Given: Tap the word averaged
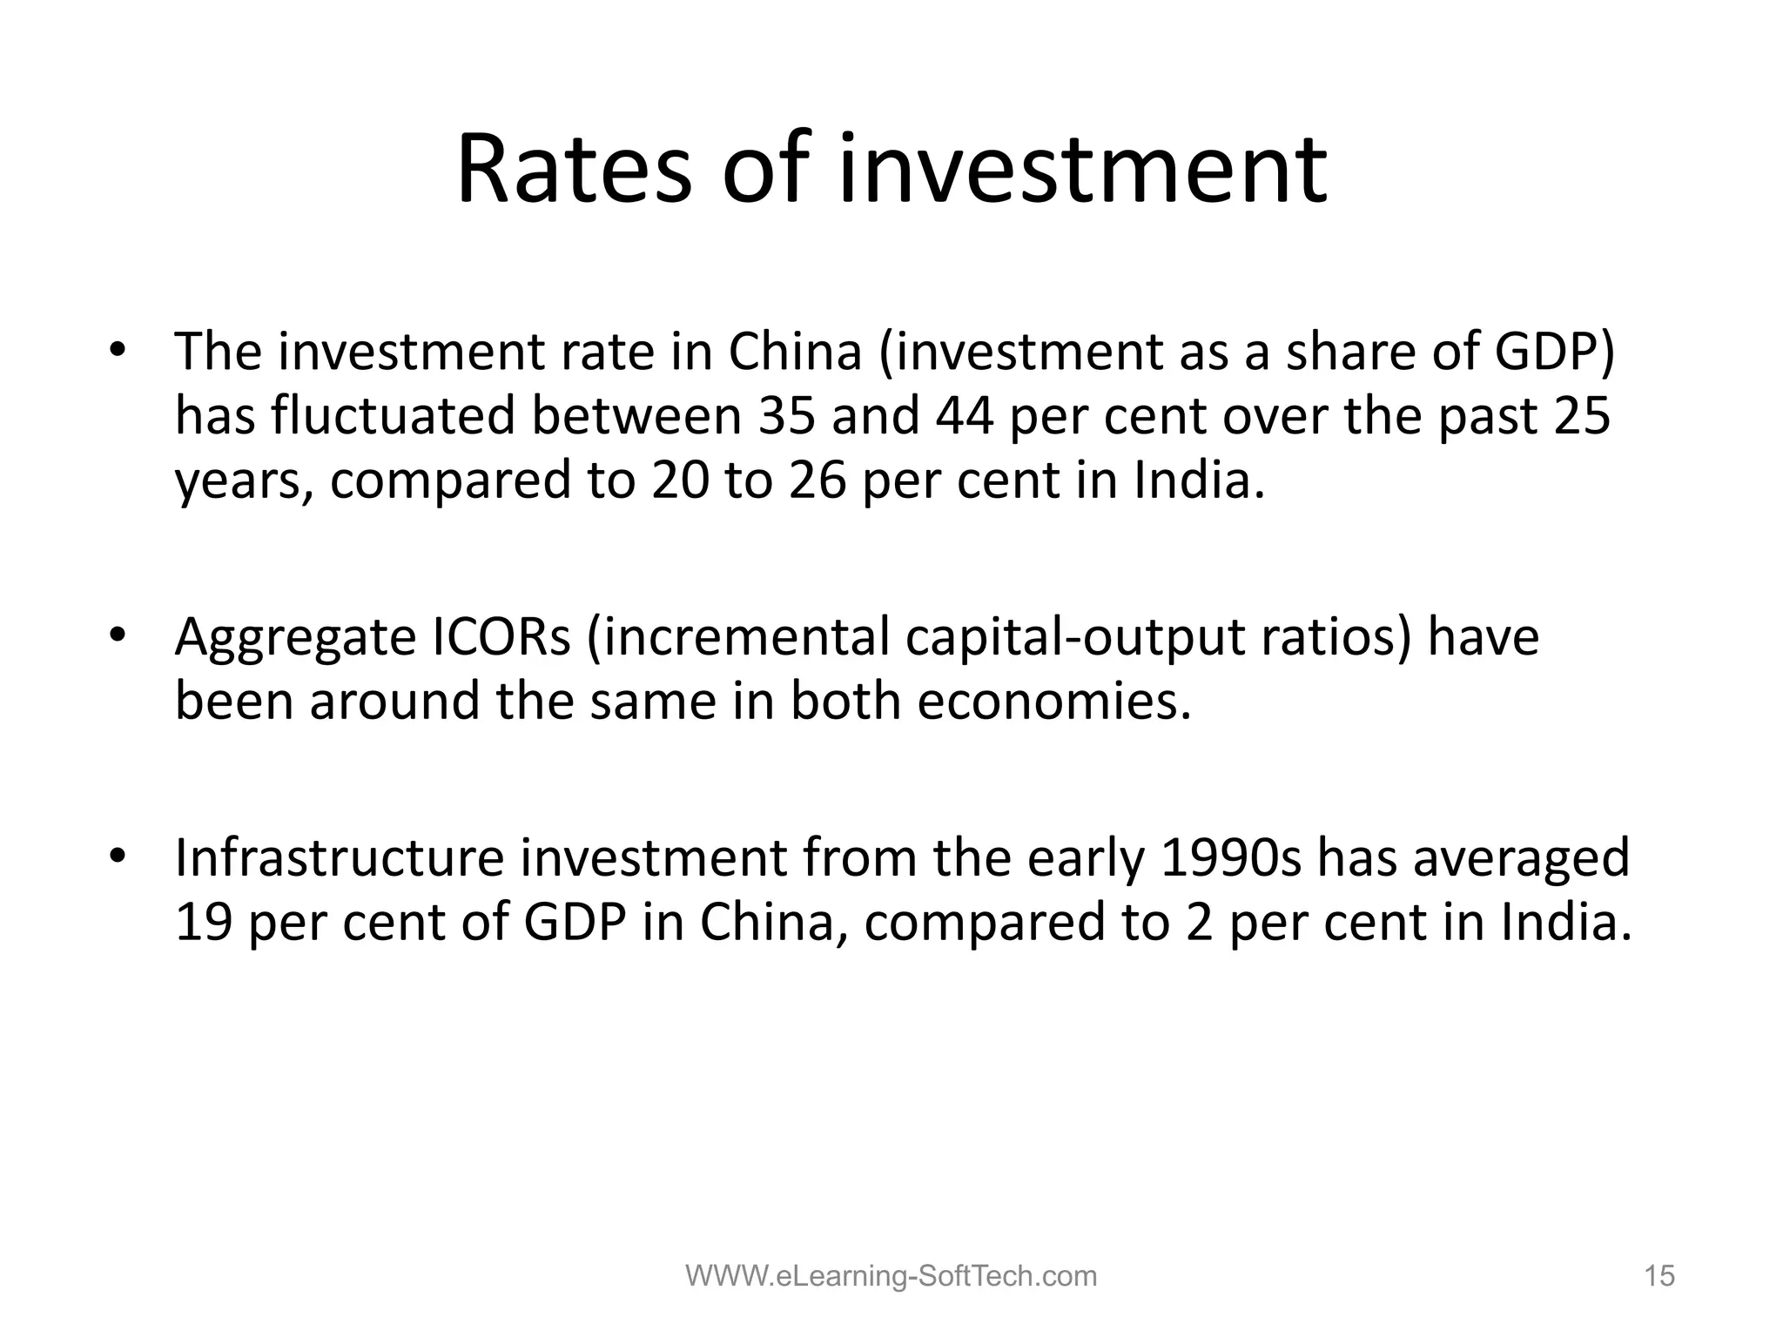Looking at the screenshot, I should tap(1521, 859).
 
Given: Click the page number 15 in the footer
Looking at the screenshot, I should tap(1659, 1276).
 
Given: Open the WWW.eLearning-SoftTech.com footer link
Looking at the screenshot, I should tap(891, 1276).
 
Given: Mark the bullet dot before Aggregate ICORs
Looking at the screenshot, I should tap(118, 637).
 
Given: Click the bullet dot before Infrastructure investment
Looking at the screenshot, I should tap(118, 858).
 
